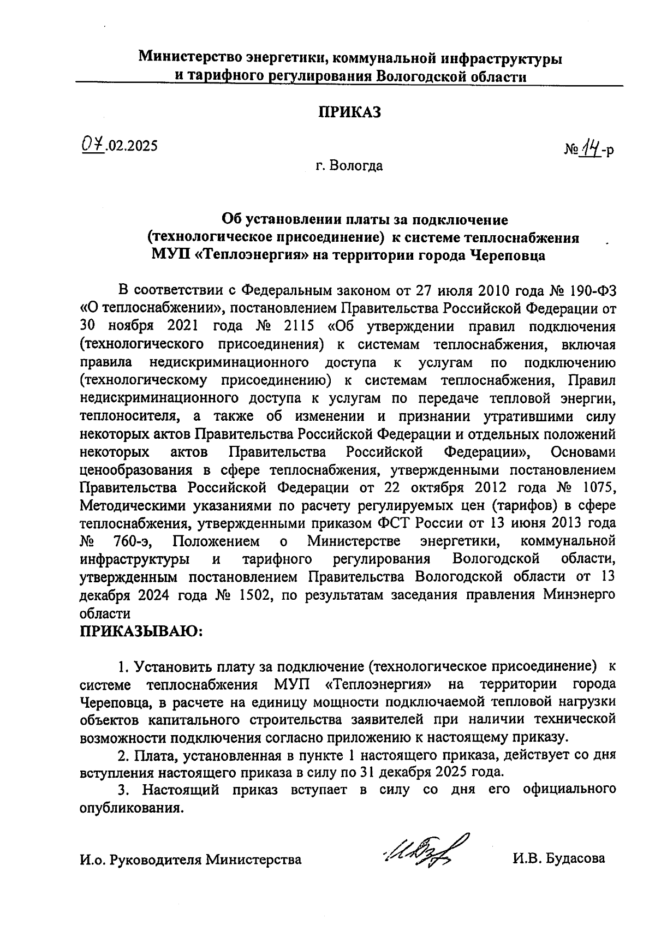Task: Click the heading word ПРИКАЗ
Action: (x=349, y=113)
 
